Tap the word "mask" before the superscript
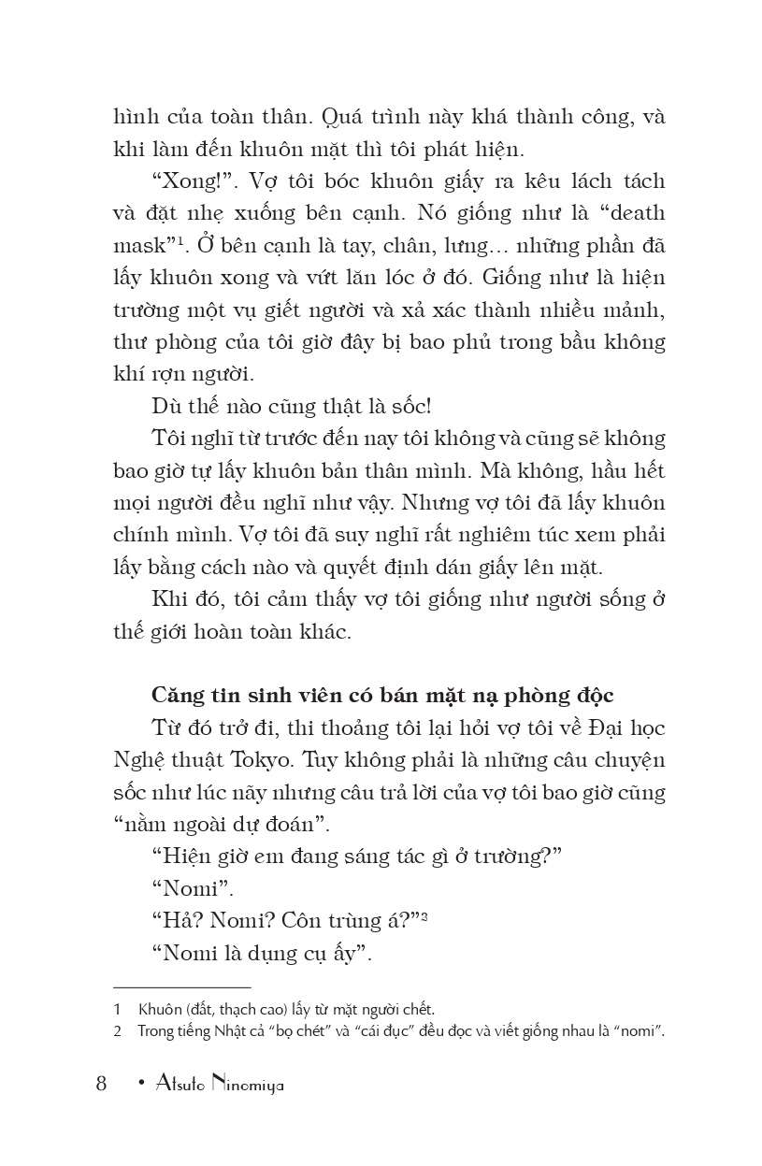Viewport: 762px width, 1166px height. point(139,245)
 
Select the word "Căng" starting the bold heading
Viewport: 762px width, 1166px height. point(177,696)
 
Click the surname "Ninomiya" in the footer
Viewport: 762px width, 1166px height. point(247,1085)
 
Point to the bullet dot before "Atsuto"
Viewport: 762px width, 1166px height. point(139,1085)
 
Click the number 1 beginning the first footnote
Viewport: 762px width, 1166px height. point(118,1009)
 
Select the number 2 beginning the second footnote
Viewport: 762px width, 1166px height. point(118,1031)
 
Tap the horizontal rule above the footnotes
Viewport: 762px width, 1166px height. point(181,986)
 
